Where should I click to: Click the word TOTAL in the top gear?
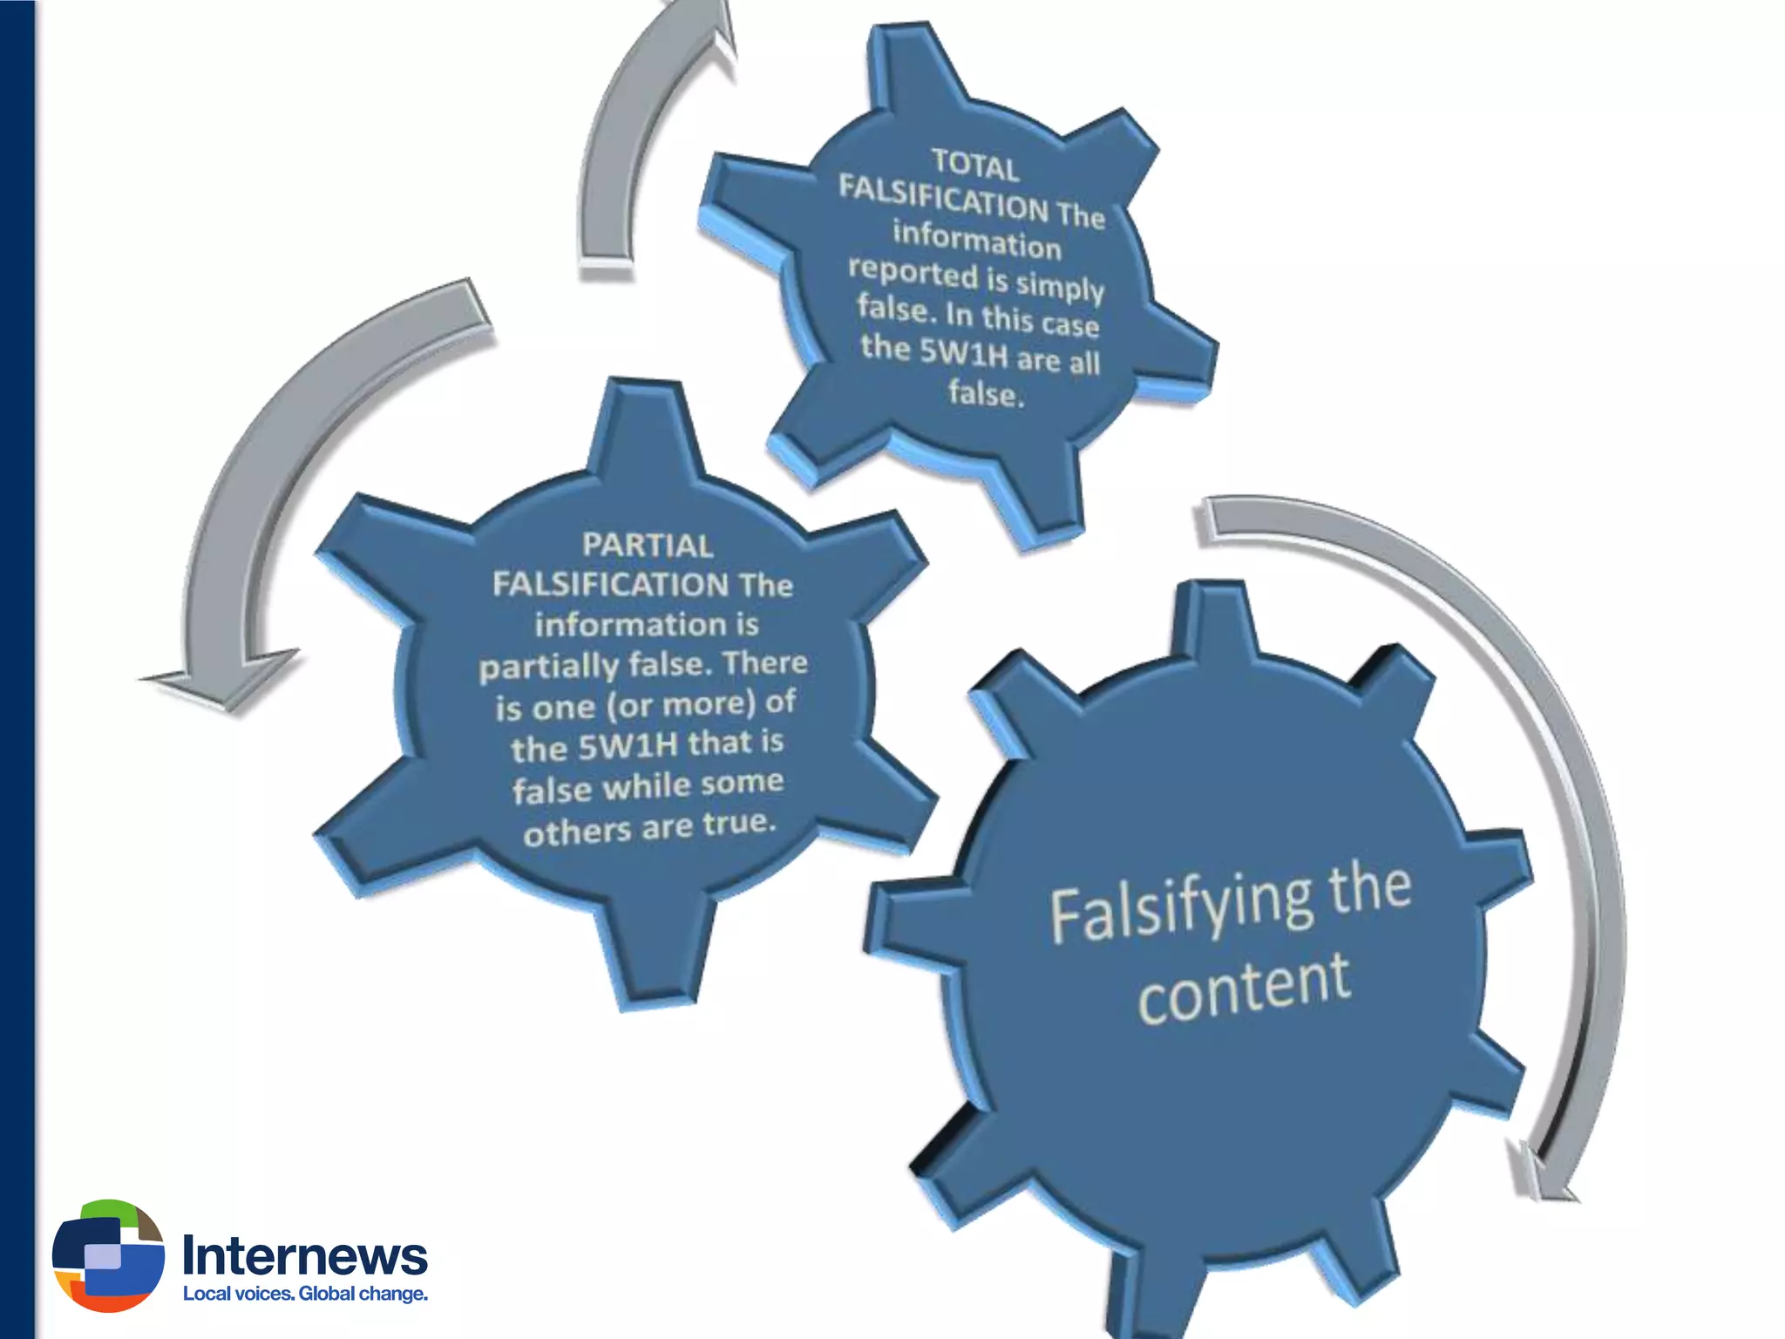tap(974, 166)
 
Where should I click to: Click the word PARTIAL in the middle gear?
tap(648, 546)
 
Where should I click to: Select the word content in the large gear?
tap(1244, 989)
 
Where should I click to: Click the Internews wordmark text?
tap(304, 1255)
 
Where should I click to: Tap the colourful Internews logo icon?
tap(108, 1255)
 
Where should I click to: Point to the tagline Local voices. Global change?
tap(305, 1294)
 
